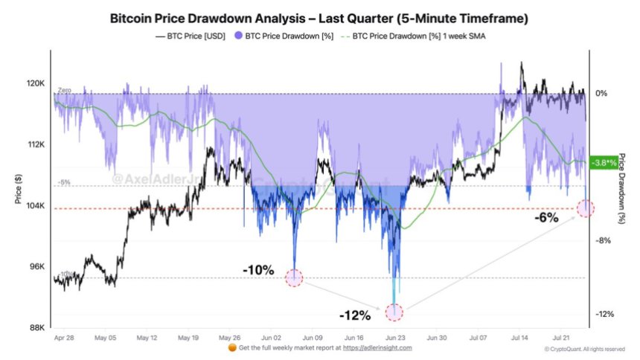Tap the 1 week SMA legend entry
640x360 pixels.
(x=417, y=35)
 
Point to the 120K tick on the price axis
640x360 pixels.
(x=34, y=84)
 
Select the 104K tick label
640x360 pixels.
(x=34, y=206)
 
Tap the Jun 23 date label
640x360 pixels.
(x=395, y=337)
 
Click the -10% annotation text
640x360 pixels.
(x=258, y=269)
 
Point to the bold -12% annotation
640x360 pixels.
(x=355, y=315)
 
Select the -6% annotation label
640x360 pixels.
(x=546, y=218)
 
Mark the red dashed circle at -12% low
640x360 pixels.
(x=394, y=312)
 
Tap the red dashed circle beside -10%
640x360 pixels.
(x=294, y=278)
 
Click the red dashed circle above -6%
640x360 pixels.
(x=586, y=208)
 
